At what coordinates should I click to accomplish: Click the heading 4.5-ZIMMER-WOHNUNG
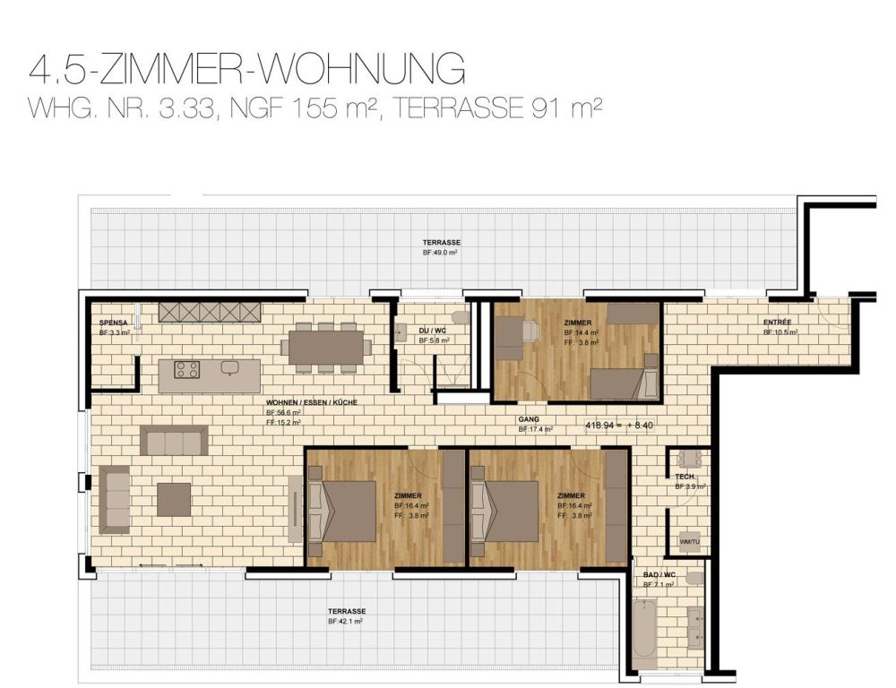pos(246,69)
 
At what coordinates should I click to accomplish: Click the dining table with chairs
pos(326,347)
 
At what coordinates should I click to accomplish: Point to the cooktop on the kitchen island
pos(186,368)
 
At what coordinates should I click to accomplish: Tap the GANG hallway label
pos(529,419)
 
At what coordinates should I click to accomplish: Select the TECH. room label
pos(685,477)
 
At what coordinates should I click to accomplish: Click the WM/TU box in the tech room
pos(689,541)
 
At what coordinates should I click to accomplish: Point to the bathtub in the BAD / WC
pos(644,631)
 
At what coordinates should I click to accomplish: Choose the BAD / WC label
pos(659,574)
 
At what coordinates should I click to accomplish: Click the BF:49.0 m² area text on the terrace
pos(441,254)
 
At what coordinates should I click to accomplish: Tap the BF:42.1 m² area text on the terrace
pos(346,621)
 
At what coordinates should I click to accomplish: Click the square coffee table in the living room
pos(174,499)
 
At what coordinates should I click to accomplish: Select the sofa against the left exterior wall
pos(115,499)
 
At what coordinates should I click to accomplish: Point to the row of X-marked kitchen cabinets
pos(210,312)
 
